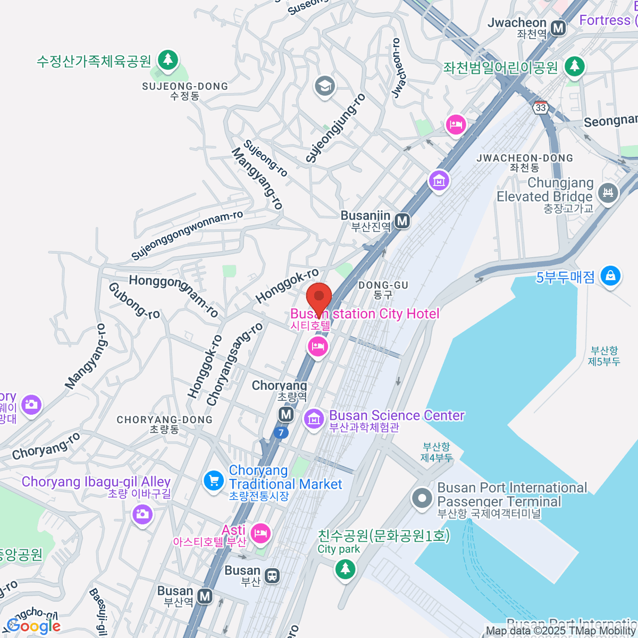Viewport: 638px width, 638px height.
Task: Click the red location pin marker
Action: click(319, 298)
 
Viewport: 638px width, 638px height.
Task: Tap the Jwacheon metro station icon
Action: click(558, 28)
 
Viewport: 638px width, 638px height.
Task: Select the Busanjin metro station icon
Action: click(402, 221)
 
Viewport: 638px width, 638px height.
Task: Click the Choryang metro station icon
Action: click(286, 414)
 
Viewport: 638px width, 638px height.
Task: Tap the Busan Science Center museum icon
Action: click(314, 418)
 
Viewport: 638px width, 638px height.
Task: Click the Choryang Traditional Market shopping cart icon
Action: click(214, 481)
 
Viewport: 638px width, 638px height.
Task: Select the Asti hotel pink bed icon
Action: click(260, 533)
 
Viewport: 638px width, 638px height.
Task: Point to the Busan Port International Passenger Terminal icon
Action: click(423, 499)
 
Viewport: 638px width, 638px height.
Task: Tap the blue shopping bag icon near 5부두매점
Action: click(610, 275)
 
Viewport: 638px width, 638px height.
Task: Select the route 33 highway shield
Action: click(541, 107)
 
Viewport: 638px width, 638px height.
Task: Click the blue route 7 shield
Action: click(281, 433)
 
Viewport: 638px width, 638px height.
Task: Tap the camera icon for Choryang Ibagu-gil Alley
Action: click(142, 514)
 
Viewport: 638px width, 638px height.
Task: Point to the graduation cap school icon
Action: click(324, 86)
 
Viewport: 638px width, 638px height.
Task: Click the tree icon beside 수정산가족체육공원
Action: click(169, 59)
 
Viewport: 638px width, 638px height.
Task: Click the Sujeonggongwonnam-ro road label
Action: click(187, 235)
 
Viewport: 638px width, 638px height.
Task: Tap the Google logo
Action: click(34, 626)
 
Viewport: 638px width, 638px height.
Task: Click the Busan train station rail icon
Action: click(272, 575)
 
